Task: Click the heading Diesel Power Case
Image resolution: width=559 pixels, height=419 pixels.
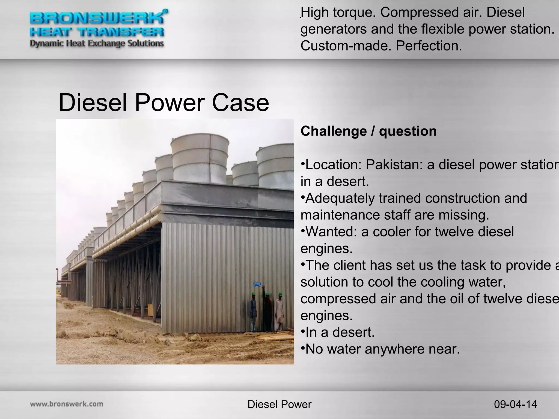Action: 164,103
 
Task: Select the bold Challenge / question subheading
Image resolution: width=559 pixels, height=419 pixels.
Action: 368,131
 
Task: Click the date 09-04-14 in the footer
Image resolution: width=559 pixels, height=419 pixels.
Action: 515,404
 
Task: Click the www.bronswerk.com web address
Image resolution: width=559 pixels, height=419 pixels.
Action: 67,404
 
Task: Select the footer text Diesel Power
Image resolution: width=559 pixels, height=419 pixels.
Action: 279,404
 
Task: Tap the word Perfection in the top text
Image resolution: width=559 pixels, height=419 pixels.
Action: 429,46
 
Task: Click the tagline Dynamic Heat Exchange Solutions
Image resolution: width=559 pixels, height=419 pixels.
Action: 97,43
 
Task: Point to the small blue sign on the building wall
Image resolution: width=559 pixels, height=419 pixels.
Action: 257,284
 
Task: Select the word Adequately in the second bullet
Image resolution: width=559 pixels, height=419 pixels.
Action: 340,198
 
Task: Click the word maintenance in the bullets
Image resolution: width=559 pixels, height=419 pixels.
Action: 340,215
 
